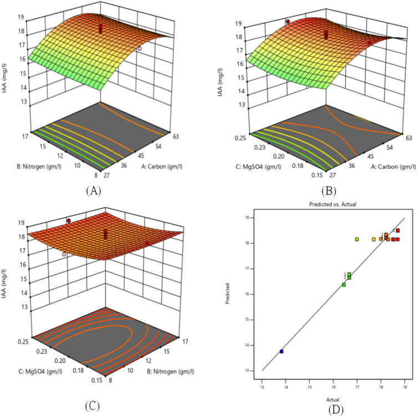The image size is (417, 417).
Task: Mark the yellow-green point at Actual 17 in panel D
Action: (x=357, y=239)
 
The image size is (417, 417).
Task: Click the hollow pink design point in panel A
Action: (x=140, y=49)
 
